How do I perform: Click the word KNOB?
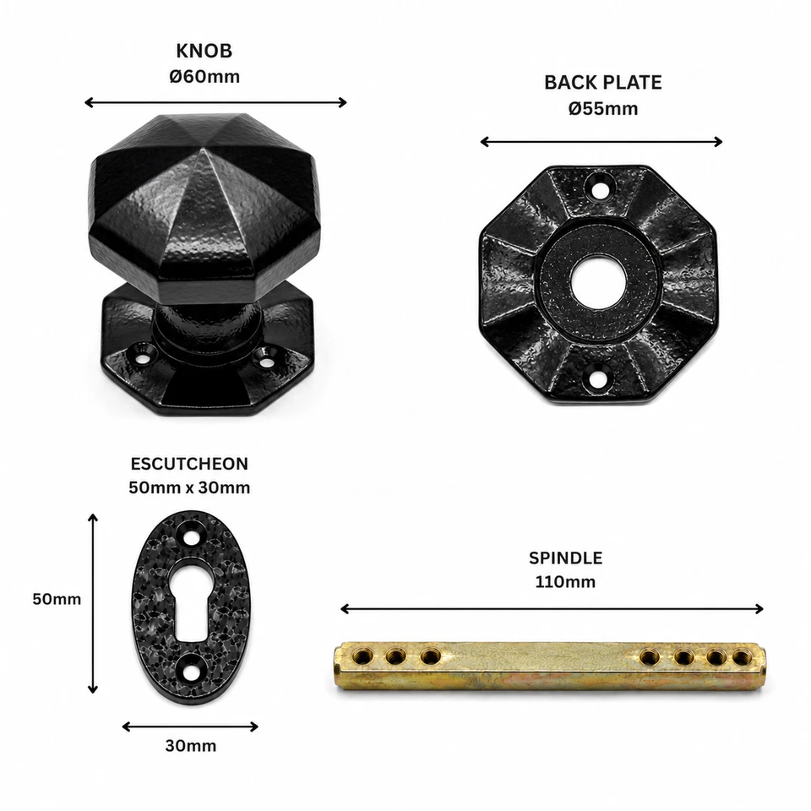click(x=204, y=52)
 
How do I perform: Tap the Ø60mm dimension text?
click(x=204, y=77)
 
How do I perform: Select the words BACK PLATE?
click(x=603, y=83)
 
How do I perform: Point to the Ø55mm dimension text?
click(x=603, y=109)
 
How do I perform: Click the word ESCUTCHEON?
click(x=189, y=464)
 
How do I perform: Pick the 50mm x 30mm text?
click(x=189, y=487)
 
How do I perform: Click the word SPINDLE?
click(x=565, y=558)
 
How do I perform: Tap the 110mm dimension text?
click(x=565, y=582)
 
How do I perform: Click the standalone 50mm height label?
click(x=57, y=599)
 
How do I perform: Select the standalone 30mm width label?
click(x=191, y=746)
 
